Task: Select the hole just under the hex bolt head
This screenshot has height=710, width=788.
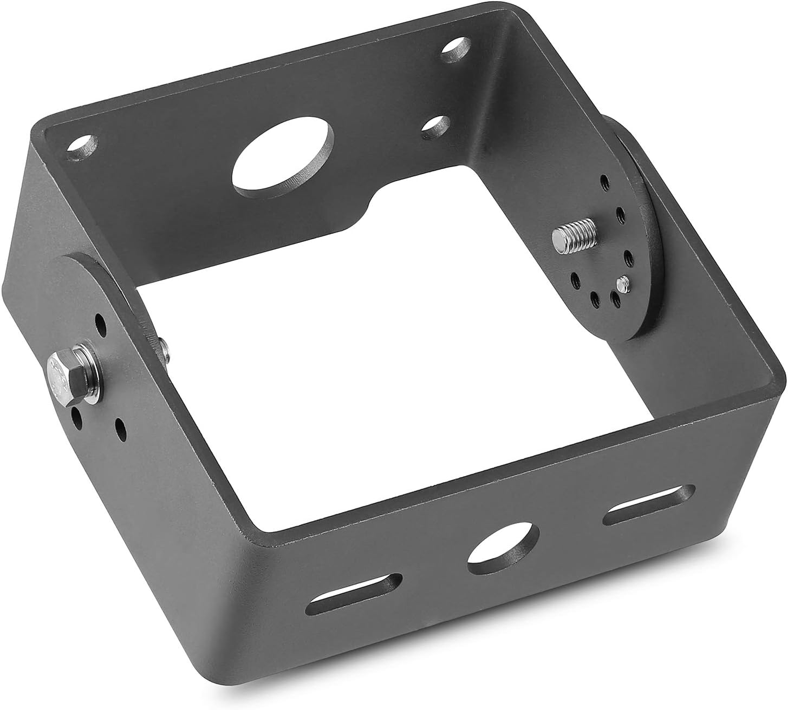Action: tap(76, 417)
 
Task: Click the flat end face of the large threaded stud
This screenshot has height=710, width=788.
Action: tap(557, 237)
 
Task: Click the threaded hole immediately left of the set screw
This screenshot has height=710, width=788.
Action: tap(615, 297)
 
